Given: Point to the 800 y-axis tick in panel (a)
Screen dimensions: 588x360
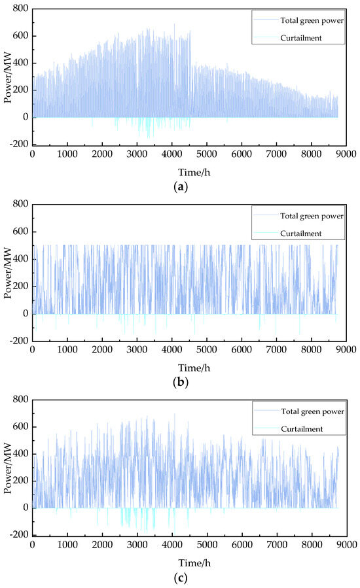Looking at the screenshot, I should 20,9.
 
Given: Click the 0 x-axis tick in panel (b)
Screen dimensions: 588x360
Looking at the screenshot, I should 33,350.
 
